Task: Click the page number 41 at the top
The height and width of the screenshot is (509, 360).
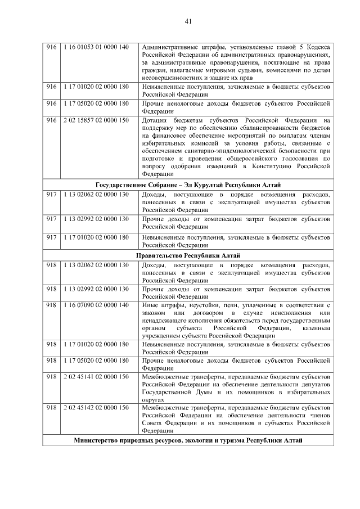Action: tap(188, 21)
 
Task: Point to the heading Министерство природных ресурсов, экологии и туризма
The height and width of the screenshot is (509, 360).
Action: tap(188, 440)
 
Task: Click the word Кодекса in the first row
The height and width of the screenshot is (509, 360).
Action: tap(319, 47)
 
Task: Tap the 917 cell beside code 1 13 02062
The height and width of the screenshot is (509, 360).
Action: tap(52, 195)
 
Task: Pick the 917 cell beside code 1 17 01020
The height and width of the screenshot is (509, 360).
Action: tap(52, 238)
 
